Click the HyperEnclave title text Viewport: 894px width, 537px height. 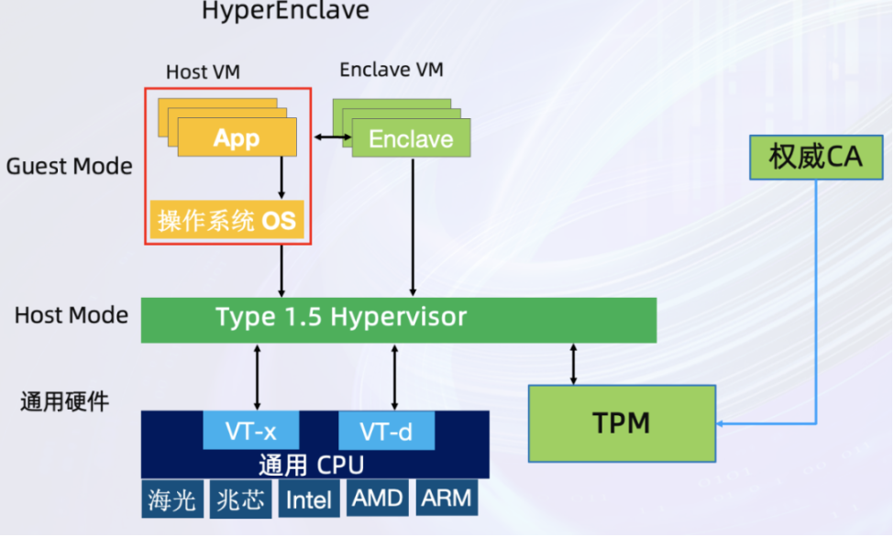tap(285, 12)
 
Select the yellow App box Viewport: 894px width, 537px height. tap(237, 138)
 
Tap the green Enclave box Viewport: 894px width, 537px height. tap(411, 138)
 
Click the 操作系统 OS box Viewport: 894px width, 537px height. tap(226, 220)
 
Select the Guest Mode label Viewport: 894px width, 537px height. tap(69, 167)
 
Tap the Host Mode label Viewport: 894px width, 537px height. tap(71, 315)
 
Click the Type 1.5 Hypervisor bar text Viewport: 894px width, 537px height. tap(340, 318)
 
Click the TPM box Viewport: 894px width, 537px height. tap(622, 423)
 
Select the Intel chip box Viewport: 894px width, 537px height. tap(309, 499)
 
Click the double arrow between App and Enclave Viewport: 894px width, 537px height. tap(333, 138)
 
